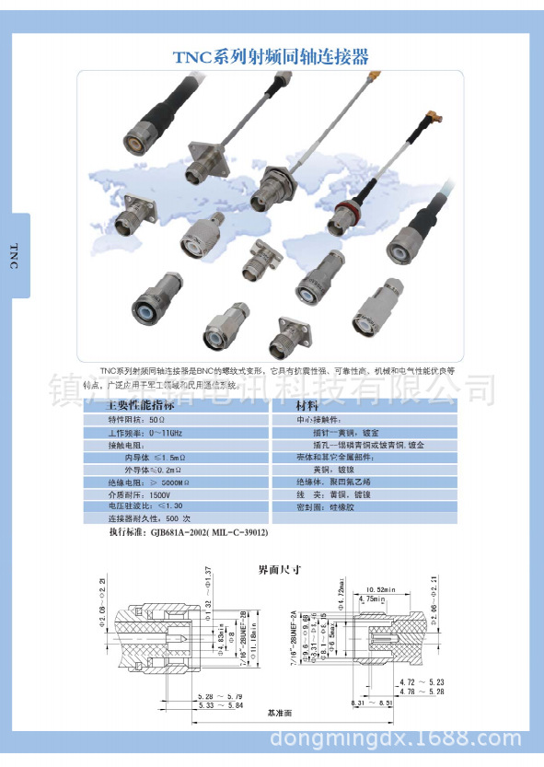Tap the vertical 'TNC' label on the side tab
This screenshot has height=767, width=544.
[13, 255]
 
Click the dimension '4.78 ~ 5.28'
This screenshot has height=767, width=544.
[422, 690]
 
